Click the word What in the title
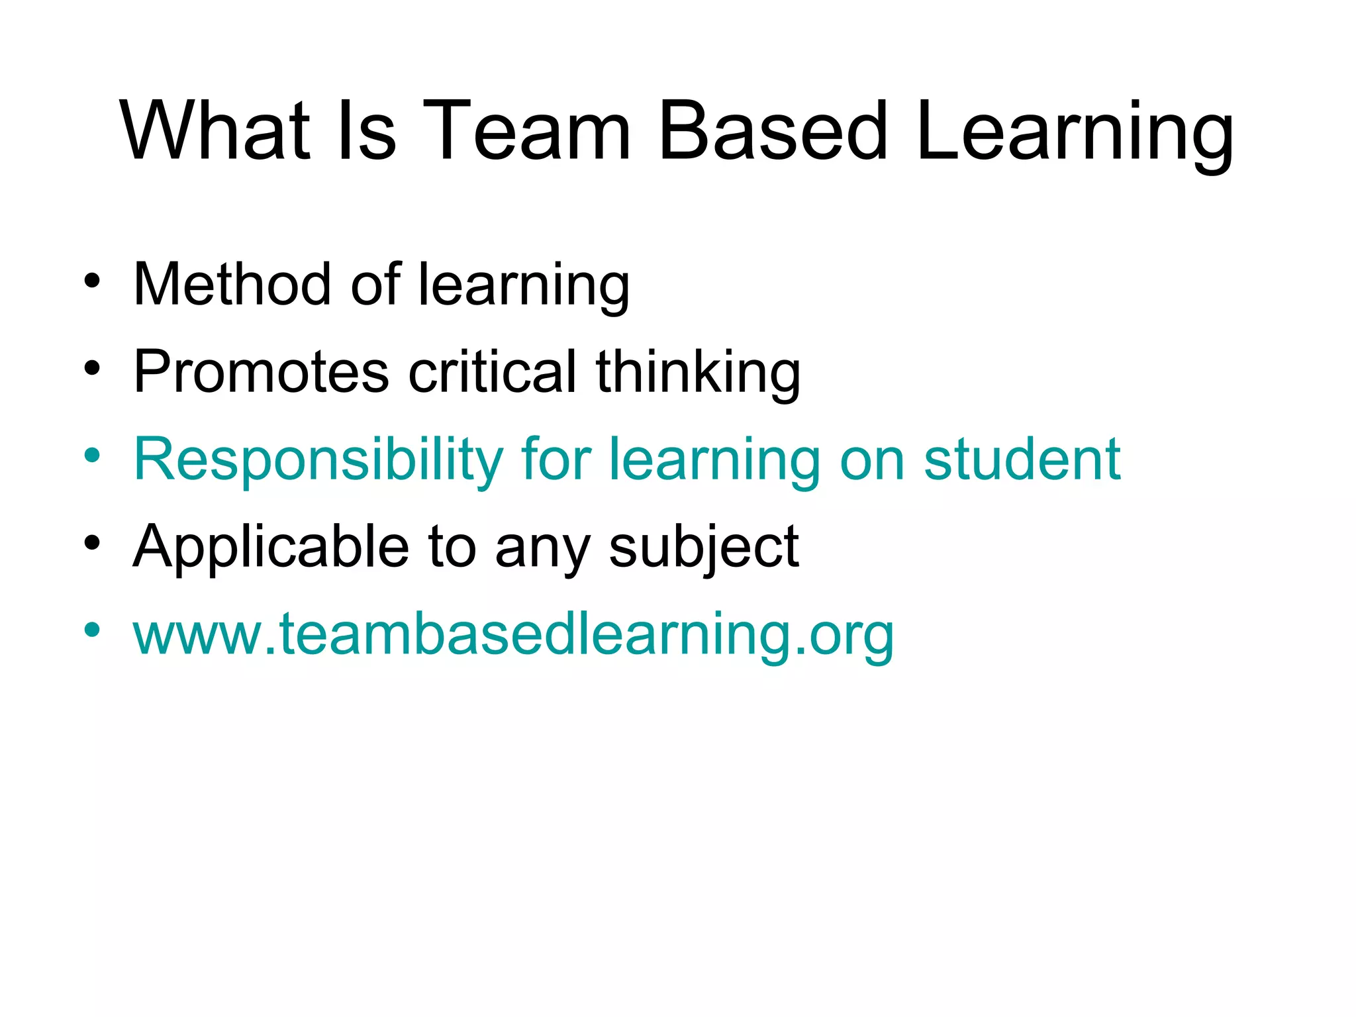pos(215,130)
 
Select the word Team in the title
pos(526,130)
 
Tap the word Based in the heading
pos(772,130)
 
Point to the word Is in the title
pos(367,130)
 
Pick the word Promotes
pos(261,372)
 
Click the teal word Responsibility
pos(318,460)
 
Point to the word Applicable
pos(271,547)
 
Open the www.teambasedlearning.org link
pos(513,634)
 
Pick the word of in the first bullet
pos(375,285)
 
